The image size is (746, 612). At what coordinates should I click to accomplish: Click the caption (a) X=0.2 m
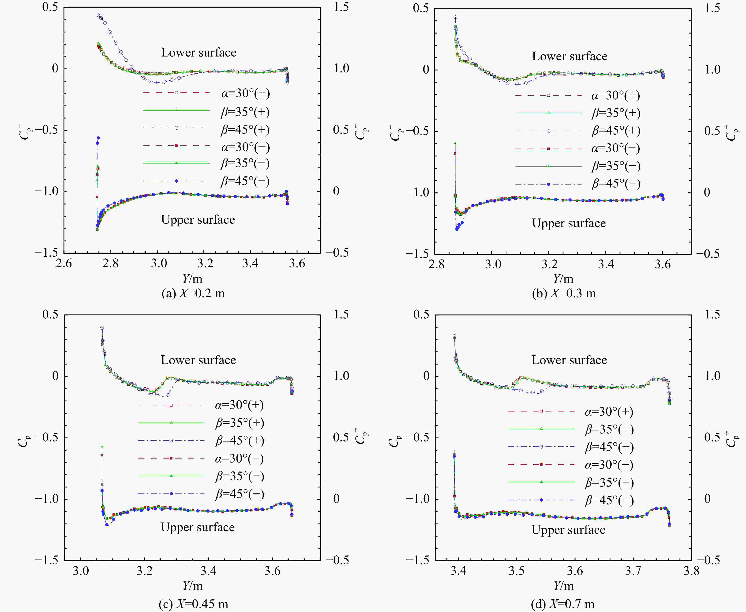click(x=193, y=293)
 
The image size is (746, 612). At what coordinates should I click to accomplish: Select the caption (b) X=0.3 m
click(x=564, y=293)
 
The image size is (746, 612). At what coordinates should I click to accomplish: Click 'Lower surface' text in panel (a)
click(x=199, y=53)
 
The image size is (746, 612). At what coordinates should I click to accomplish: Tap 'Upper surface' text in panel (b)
click(x=569, y=223)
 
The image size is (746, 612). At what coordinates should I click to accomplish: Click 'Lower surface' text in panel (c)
click(x=198, y=360)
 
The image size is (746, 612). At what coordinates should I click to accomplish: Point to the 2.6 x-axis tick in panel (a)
click(x=64, y=263)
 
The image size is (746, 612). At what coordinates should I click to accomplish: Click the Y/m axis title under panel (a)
click(x=192, y=279)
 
